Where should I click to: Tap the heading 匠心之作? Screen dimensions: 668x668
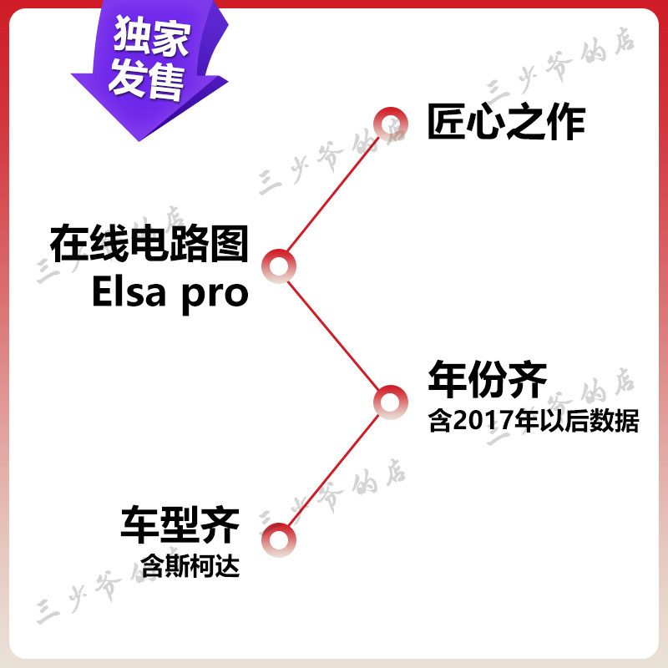point(506,122)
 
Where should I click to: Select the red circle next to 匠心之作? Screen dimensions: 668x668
point(389,124)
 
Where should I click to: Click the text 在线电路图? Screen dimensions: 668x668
point(149,244)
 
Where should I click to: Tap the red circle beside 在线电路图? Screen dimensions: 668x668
point(278,266)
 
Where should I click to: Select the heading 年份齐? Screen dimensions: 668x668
point(487,380)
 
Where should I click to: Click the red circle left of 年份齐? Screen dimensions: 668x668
point(388,402)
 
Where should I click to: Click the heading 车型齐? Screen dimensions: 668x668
point(180,525)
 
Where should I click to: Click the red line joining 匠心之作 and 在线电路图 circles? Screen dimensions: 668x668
point(334,195)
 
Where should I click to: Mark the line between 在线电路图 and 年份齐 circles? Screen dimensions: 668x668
point(334,335)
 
